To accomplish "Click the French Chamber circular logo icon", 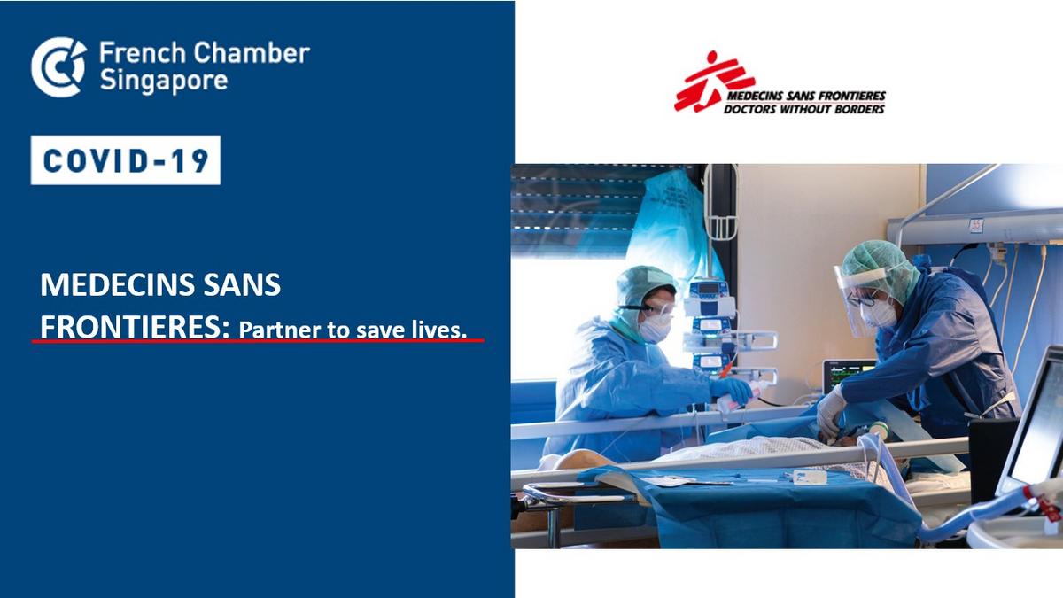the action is (x=58, y=66).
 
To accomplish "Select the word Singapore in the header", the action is (x=164, y=82).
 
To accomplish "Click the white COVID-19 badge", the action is (x=126, y=160).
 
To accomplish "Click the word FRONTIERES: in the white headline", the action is (x=135, y=327).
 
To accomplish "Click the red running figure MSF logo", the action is (x=713, y=82).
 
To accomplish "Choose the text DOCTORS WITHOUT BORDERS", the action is (x=804, y=109).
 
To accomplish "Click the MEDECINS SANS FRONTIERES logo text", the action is (x=806, y=96).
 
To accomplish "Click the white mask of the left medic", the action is (x=656, y=327).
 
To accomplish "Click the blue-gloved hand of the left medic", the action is (x=732, y=389).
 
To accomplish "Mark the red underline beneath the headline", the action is (x=258, y=341).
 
